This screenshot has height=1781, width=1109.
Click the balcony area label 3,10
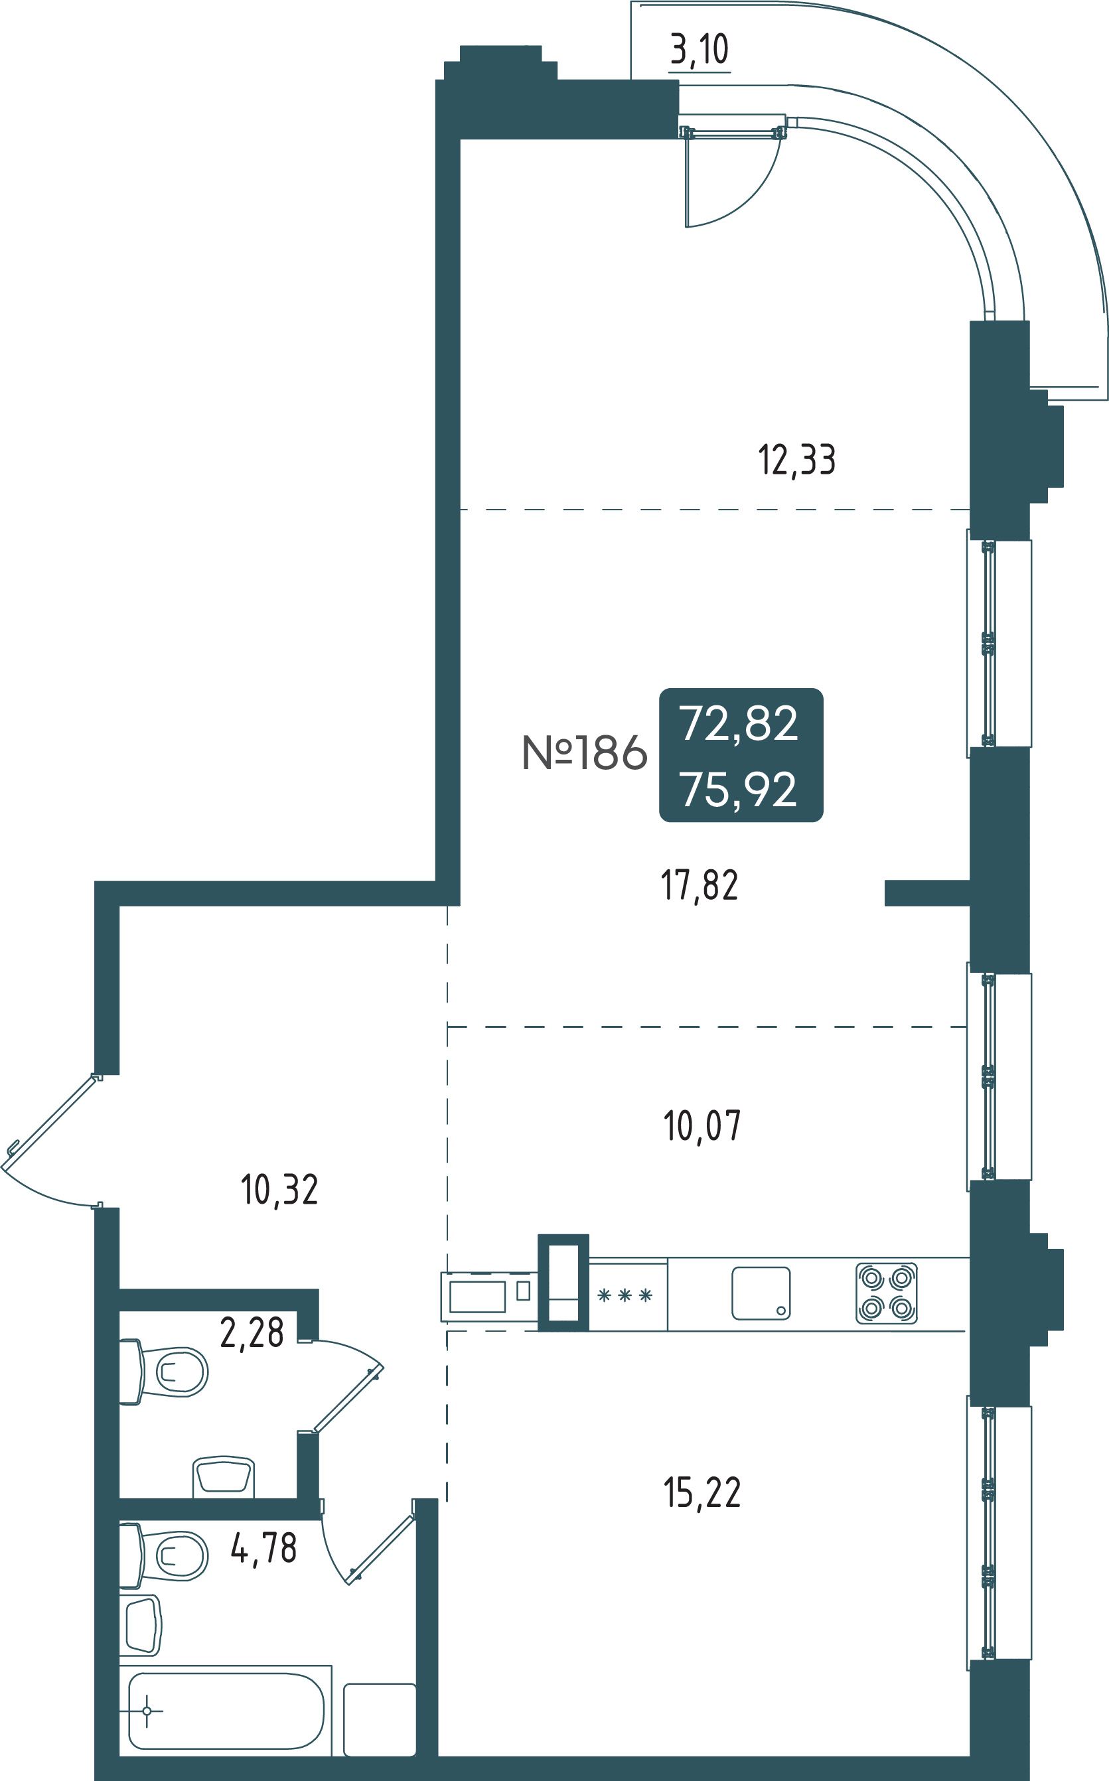(x=699, y=50)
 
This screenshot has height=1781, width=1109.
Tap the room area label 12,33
(x=796, y=461)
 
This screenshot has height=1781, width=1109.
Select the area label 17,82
(x=699, y=885)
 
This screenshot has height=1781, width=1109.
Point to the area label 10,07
(x=702, y=1125)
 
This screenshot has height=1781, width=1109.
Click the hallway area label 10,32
(x=279, y=1189)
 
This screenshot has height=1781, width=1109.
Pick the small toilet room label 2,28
(x=252, y=1332)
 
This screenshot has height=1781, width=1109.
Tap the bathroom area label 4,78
(x=263, y=1548)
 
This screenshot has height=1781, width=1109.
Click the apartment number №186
(x=584, y=752)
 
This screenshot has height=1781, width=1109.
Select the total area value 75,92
(x=738, y=790)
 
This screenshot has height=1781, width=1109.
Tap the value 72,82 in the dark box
(x=738, y=724)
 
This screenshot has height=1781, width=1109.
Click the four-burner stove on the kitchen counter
(x=886, y=1293)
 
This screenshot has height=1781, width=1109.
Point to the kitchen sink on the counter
(x=761, y=1293)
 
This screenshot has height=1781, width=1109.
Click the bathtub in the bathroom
(x=226, y=1711)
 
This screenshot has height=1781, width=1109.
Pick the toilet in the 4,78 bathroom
(x=163, y=1555)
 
